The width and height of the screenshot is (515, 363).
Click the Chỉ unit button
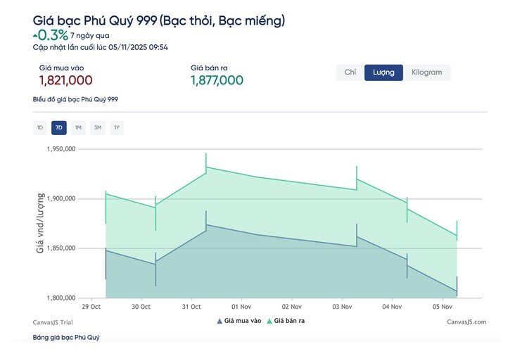(350, 72)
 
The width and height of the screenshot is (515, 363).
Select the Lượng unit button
(383, 72)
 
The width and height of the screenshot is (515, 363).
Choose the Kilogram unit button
(427, 72)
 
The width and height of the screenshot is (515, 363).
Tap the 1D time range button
(40, 127)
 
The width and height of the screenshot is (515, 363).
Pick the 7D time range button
(59, 127)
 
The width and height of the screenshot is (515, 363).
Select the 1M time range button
(78, 127)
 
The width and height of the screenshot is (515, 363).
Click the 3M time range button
(98, 127)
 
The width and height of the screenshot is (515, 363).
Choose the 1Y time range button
(117, 127)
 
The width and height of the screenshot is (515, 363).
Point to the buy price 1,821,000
(65, 80)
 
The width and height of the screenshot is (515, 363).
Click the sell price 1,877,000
(217, 80)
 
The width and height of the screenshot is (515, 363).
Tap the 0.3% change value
(52, 35)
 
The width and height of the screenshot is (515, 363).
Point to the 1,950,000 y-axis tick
(60, 149)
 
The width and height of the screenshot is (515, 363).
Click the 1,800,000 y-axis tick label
(60, 298)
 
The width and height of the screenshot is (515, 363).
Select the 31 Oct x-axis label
(191, 307)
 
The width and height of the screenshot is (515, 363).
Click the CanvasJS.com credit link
(466, 322)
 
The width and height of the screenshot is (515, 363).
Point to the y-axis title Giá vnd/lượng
(40, 223)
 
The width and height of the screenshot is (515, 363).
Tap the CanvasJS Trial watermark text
(53, 322)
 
